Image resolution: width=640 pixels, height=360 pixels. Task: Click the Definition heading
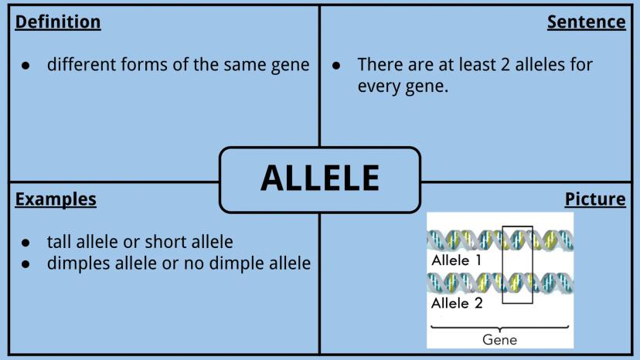point(58,22)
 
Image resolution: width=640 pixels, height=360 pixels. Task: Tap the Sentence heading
point(586,22)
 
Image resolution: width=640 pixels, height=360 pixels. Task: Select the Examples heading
point(56,199)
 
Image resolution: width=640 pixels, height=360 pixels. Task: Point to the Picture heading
point(595,199)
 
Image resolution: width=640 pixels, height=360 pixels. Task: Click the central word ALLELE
point(321,178)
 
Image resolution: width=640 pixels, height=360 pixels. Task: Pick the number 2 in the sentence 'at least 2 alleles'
point(505,65)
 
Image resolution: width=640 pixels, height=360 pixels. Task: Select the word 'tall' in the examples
point(60,242)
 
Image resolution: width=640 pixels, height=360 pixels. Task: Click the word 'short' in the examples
point(165,242)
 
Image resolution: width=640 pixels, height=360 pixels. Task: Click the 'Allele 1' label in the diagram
point(456,260)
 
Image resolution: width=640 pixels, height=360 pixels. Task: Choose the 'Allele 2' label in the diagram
point(457,304)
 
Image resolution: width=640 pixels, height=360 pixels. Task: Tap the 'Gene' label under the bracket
point(499,340)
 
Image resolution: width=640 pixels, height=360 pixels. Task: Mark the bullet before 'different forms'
point(26,66)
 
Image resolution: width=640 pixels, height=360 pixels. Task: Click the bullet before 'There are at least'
point(336,66)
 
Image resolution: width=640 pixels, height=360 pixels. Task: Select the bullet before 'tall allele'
point(26,243)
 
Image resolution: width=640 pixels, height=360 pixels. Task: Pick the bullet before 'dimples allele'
point(26,264)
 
